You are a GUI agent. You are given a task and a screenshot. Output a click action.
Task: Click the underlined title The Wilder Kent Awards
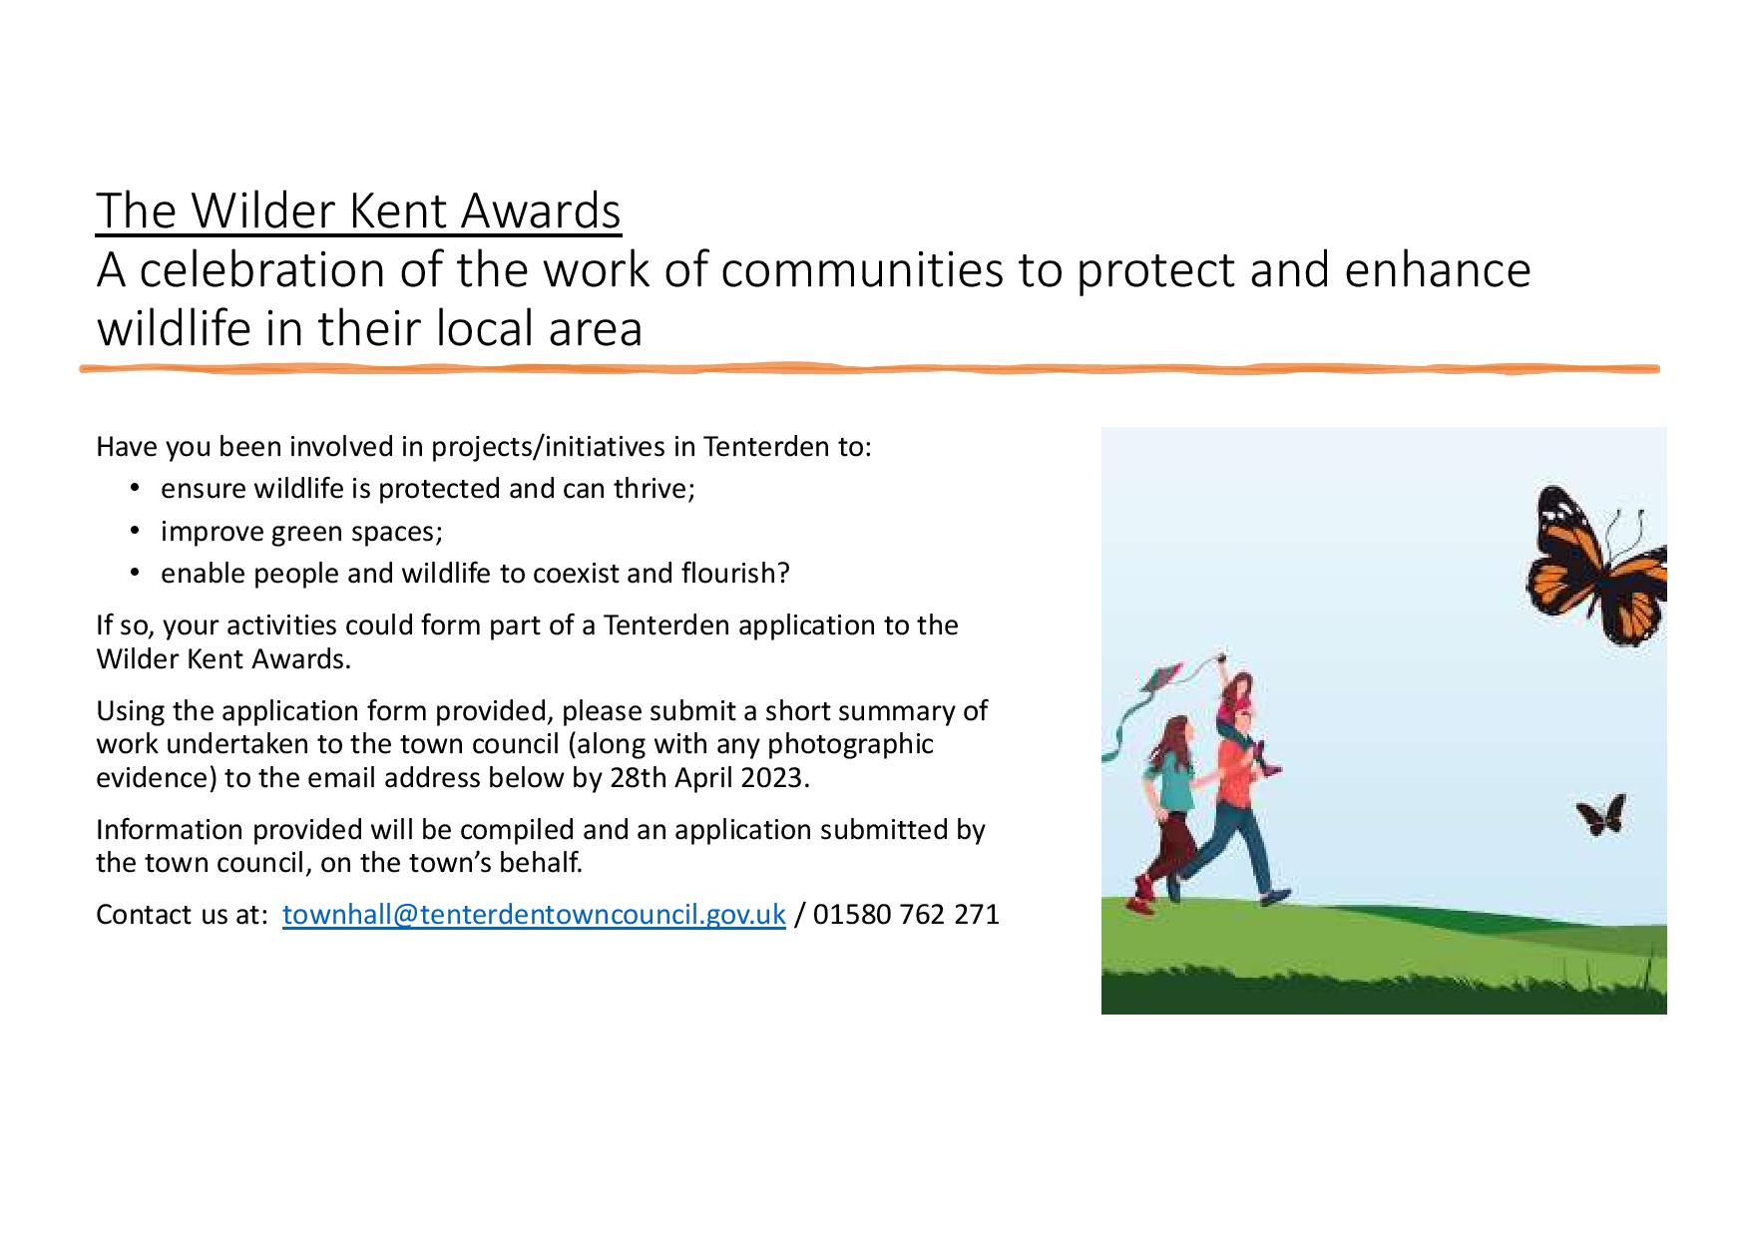[x=358, y=210]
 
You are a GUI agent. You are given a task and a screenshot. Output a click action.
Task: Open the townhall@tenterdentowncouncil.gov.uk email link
[x=534, y=914]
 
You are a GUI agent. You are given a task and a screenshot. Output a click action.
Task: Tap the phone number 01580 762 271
[x=906, y=914]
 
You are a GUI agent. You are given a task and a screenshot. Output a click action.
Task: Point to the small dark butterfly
[x=1602, y=815]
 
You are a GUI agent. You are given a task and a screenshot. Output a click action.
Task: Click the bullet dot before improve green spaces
[x=135, y=531]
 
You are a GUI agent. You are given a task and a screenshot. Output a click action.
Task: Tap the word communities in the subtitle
[x=862, y=269]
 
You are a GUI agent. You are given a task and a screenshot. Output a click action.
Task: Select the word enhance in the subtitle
[x=1437, y=269]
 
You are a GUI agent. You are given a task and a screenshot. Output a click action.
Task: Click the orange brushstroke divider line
[x=869, y=369]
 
